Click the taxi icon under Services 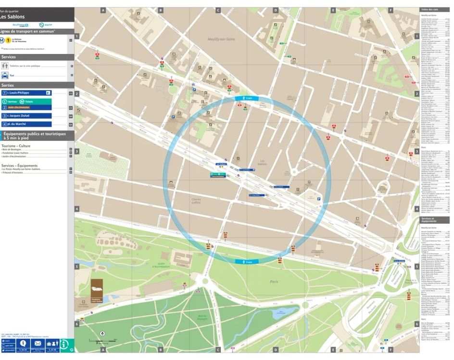pos(5,76)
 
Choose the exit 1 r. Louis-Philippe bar pos(26,93)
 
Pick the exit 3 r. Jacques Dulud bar pos(26,116)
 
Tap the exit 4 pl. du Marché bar pos(26,124)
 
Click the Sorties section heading pos(8,85)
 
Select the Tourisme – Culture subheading pos(16,146)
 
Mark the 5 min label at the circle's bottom pos(247,262)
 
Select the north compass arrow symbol pos(102,333)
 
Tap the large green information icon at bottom pos(67,345)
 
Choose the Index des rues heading pos(429,10)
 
